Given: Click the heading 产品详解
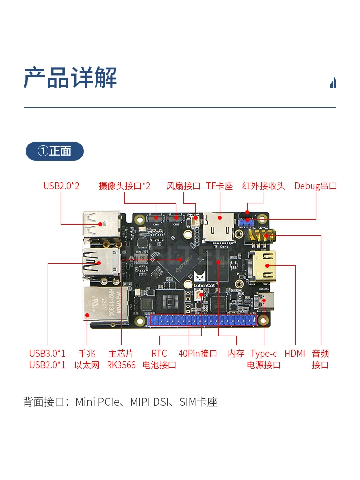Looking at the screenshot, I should [70, 78].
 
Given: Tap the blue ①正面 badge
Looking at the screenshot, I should [55, 151].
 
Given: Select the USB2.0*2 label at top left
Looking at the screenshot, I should [61, 186].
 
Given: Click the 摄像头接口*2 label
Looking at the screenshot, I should [125, 186].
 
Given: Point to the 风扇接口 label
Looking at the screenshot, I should [183, 186].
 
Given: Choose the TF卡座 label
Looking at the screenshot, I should [219, 186].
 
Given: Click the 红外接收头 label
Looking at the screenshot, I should [264, 186].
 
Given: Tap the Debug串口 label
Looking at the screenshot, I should [315, 186].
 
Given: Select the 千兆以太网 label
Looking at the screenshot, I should [87, 359].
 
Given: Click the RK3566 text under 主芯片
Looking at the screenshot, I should [121, 365].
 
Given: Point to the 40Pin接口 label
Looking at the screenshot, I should [198, 354].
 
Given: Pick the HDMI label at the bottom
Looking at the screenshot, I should [295, 354].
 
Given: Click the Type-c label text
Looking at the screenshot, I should [264, 354].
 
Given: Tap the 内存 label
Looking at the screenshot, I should [236, 354].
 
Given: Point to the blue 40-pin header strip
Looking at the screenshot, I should [206, 321].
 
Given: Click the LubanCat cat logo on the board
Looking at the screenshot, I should [200, 276].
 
